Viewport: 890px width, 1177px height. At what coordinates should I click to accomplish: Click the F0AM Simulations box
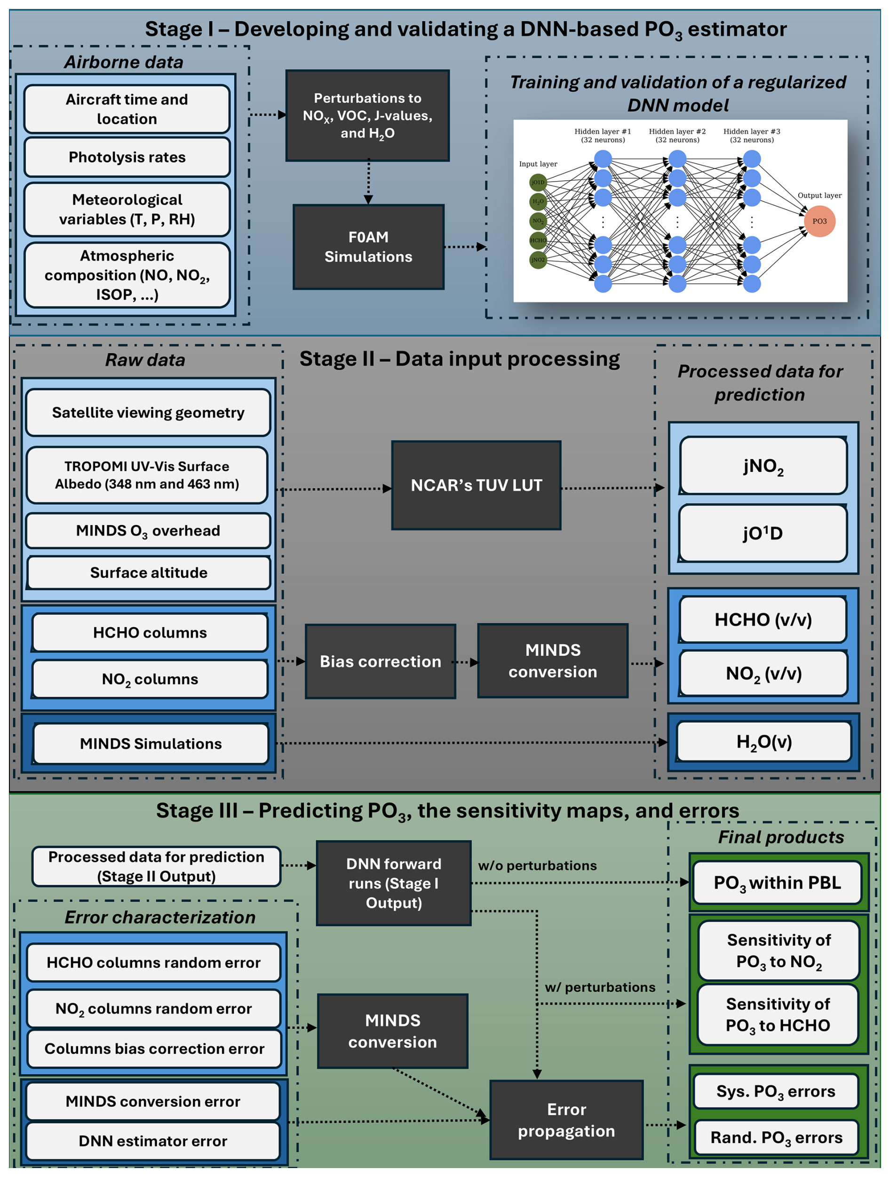368,247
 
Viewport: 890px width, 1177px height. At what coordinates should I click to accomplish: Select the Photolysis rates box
127,157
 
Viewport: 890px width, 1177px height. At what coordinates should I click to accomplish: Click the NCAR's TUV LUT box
476,485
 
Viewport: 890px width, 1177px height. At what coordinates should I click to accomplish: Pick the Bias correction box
381,661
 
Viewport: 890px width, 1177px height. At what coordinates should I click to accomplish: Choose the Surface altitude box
149,573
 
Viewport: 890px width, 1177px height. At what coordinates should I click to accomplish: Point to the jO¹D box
763,533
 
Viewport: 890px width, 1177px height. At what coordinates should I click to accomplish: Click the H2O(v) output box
763,742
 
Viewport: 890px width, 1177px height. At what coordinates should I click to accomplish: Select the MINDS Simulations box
151,743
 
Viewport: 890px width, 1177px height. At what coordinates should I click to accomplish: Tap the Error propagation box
566,1120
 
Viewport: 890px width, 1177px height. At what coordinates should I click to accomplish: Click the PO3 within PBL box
777,883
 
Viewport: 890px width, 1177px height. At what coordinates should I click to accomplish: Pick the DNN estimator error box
153,1141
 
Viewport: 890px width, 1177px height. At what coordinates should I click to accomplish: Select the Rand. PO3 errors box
776,1137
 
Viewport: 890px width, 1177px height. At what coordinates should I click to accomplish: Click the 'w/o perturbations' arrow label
537,866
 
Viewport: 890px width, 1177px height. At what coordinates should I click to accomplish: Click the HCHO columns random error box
153,962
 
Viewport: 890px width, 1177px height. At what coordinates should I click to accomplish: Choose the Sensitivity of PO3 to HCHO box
777,1014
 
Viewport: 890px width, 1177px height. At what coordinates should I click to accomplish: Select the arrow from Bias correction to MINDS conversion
466,662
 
